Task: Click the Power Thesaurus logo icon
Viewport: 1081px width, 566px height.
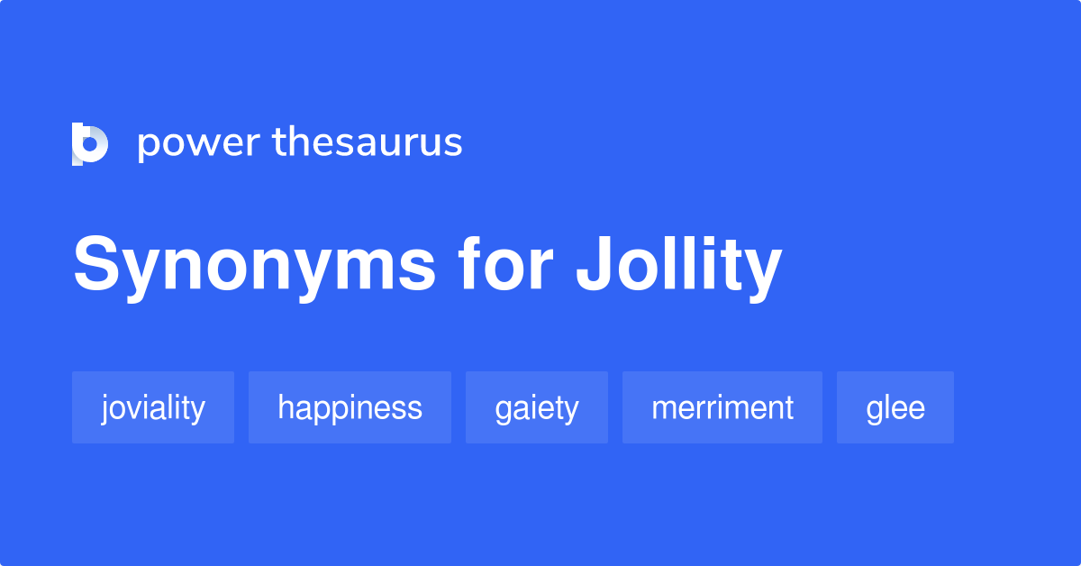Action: pyautogui.click(x=90, y=144)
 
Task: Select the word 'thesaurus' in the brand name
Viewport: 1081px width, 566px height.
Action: pyautogui.click(x=368, y=142)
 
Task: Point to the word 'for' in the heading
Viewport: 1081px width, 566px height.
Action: pyautogui.click(x=504, y=266)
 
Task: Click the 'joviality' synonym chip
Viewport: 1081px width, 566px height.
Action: pyautogui.click(x=153, y=407)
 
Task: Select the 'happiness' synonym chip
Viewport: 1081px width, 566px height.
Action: pyautogui.click(x=350, y=407)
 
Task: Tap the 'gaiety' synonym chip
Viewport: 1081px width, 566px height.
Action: pyautogui.click(x=537, y=407)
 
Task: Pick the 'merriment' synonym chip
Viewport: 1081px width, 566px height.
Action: pyautogui.click(x=722, y=407)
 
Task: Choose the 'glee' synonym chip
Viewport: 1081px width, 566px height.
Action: pyautogui.click(x=895, y=407)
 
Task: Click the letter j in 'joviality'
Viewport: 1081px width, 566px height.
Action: pyautogui.click(x=105, y=409)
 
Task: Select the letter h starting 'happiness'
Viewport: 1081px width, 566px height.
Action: pyautogui.click(x=286, y=407)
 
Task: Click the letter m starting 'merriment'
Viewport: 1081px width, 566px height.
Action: pyautogui.click(x=664, y=409)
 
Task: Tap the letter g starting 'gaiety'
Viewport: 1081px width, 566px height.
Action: pyautogui.click(x=503, y=411)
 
